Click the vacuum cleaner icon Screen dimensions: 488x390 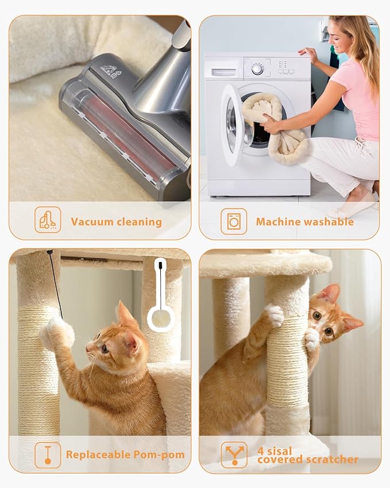click(47, 220)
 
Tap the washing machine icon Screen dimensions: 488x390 click(234, 221)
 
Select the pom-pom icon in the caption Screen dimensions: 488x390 click(47, 455)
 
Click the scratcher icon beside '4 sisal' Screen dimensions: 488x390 click(234, 455)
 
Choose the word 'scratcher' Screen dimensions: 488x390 click(308, 459)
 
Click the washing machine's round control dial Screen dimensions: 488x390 click(257, 69)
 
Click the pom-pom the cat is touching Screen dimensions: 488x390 click(58, 332)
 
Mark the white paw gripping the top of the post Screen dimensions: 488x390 click(275, 314)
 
